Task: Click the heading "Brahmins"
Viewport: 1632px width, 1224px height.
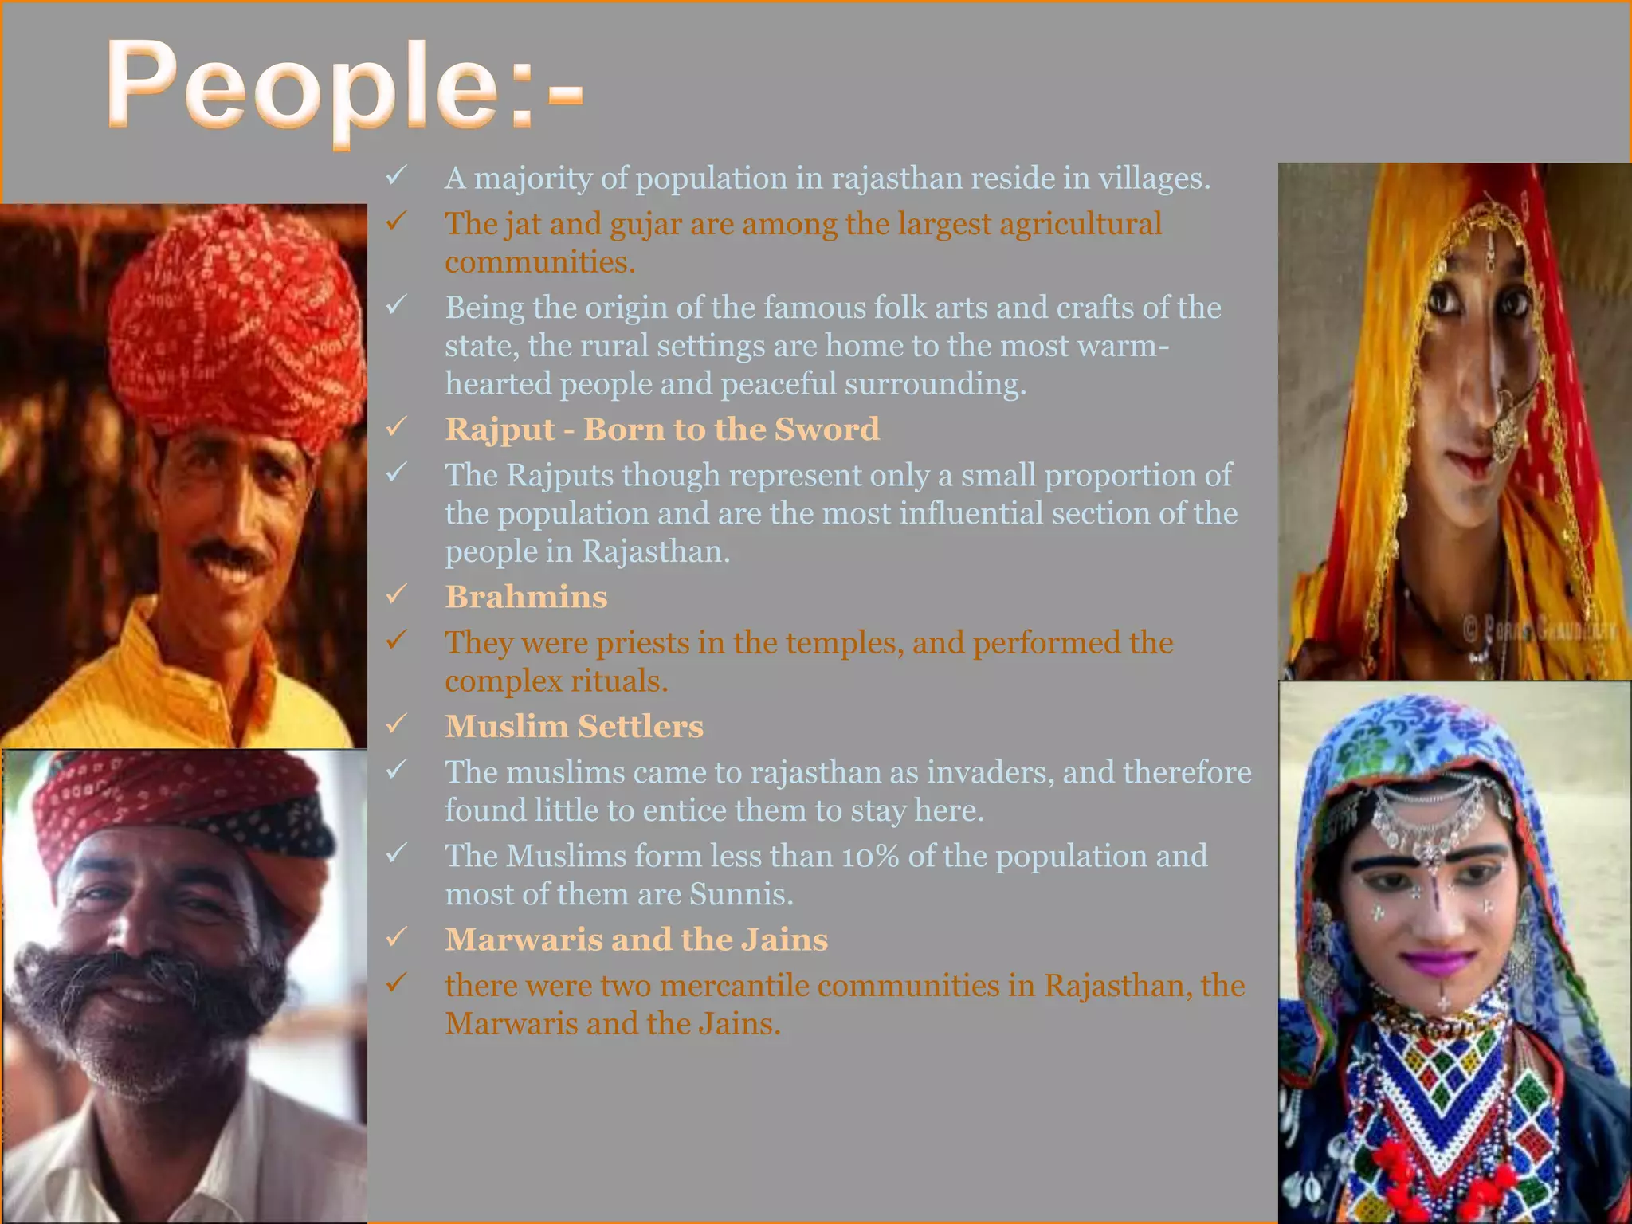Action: tap(526, 597)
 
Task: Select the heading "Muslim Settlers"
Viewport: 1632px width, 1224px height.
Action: tap(574, 726)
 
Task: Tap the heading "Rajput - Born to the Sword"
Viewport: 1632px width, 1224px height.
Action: tap(662, 429)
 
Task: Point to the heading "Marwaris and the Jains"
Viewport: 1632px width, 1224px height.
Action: tap(636, 940)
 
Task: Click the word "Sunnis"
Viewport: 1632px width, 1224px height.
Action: tap(740, 894)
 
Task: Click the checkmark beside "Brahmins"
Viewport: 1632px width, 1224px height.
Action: tap(396, 594)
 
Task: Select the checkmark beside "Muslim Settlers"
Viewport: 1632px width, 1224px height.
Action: tap(396, 724)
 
